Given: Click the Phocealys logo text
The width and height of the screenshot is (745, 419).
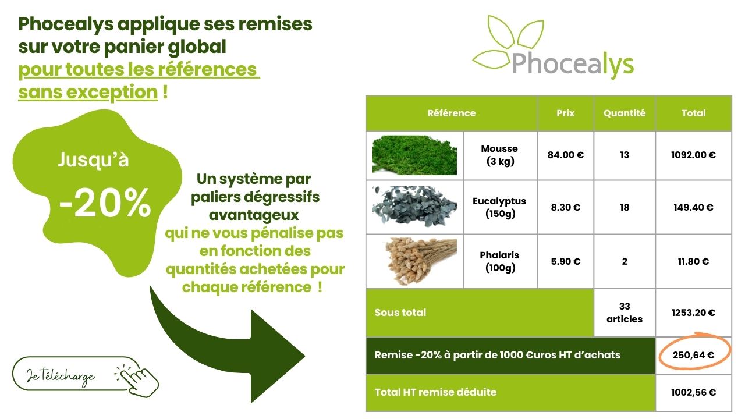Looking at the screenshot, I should (x=573, y=63).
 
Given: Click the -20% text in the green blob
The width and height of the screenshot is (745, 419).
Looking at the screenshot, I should (x=105, y=203).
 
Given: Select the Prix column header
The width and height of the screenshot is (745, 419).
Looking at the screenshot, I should (x=565, y=113).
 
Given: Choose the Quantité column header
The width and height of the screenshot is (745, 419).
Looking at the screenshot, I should (x=625, y=113).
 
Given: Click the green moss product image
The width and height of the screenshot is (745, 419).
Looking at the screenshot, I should (x=414, y=155).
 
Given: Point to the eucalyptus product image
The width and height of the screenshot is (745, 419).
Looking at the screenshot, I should (x=414, y=207).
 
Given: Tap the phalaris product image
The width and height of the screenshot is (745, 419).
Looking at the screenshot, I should (x=414, y=261).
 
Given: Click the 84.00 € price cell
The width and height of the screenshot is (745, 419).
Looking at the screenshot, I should (x=565, y=155).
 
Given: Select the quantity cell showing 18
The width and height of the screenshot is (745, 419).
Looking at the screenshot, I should (x=625, y=207).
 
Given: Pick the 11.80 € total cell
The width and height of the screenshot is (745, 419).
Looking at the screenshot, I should (x=693, y=261).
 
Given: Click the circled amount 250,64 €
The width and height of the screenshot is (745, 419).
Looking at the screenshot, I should (x=693, y=354).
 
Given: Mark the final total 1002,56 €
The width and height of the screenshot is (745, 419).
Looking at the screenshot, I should (x=693, y=392).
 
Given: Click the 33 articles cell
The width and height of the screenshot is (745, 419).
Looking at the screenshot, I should (x=625, y=313).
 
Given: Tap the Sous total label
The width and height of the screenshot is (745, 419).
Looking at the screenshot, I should (x=400, y=313).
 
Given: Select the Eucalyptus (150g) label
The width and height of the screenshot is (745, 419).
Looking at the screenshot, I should (x=499, y=207).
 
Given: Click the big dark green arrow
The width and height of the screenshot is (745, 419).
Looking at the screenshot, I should (x=233, y=343).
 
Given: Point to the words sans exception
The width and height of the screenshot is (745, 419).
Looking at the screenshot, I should (x=88, y=92).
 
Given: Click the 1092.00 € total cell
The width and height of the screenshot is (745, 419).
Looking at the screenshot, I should (x=693, y=155).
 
